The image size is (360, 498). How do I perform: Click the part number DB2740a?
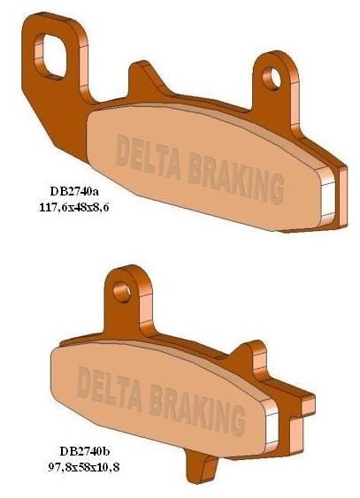(x=73, y=191)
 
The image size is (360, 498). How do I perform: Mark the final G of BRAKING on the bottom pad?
(x=237, y=414)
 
